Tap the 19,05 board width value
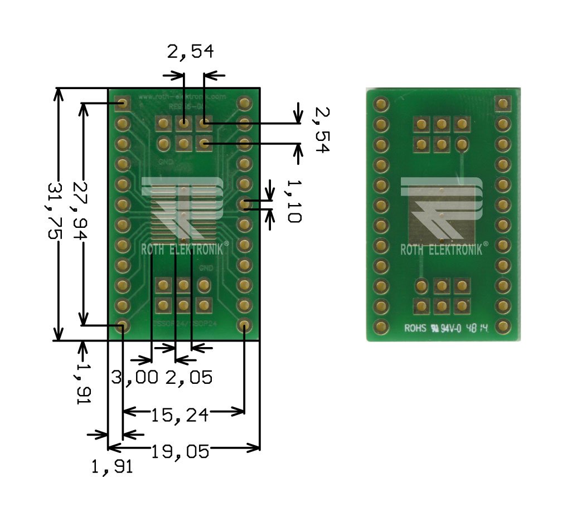pyautogui.click(x=180, y=451)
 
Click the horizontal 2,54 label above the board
pyautogui.click(x=190, y=52)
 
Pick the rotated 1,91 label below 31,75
pyautogui.click(x=83, y=384)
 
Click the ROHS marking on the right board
pyautogui.click(x=415, y=329)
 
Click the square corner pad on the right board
pyautogui.click(x=503, y=103)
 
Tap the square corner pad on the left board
pyautogui.click(x=123, y=103)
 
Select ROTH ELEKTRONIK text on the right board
pyautogui.click(x=442, y=250)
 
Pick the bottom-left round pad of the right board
pyautogui.click(x=381, y=326)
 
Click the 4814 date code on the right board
pyautogui.click(x=478, y=329)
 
